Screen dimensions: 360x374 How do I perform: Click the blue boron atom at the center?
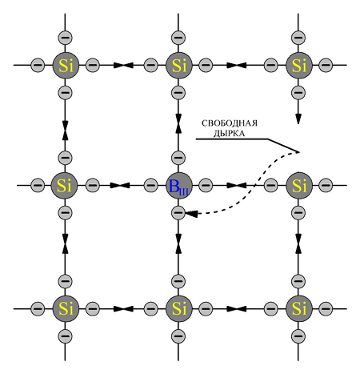[x=179, y=186]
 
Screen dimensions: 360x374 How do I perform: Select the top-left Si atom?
[x=66, y=65]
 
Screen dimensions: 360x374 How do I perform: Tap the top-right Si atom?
[x=299, y=65]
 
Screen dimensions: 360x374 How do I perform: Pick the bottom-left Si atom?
[x=66, y=309]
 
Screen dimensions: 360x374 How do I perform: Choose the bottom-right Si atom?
[x=299, y=309]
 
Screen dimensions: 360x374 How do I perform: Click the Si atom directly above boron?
[x=179, y=65]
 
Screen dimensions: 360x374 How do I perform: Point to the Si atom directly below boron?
[x=179, y=309]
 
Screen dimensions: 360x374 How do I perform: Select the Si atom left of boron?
[x=64, y=186]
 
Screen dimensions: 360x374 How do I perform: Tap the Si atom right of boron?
[x=299, y=186]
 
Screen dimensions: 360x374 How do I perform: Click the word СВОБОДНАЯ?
[x=230, y=123]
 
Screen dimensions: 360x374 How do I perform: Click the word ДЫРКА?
[x=229, y=134]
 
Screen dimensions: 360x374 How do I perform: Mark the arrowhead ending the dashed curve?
[x=191, y=214]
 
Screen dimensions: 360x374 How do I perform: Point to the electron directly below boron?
[x=178, y=213]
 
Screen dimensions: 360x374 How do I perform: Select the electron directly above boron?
[x=178, y=158]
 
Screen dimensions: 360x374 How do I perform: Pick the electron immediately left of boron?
[x=150, y=185]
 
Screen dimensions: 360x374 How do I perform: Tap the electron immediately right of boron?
[x=206, y=185]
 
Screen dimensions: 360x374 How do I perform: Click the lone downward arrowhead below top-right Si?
[x=298, y=119]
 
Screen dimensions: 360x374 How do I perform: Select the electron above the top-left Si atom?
[x=65, y=38]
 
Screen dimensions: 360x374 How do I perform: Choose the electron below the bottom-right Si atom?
[x=298, y=336]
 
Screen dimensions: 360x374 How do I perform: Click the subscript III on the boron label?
[x=184, y=192]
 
